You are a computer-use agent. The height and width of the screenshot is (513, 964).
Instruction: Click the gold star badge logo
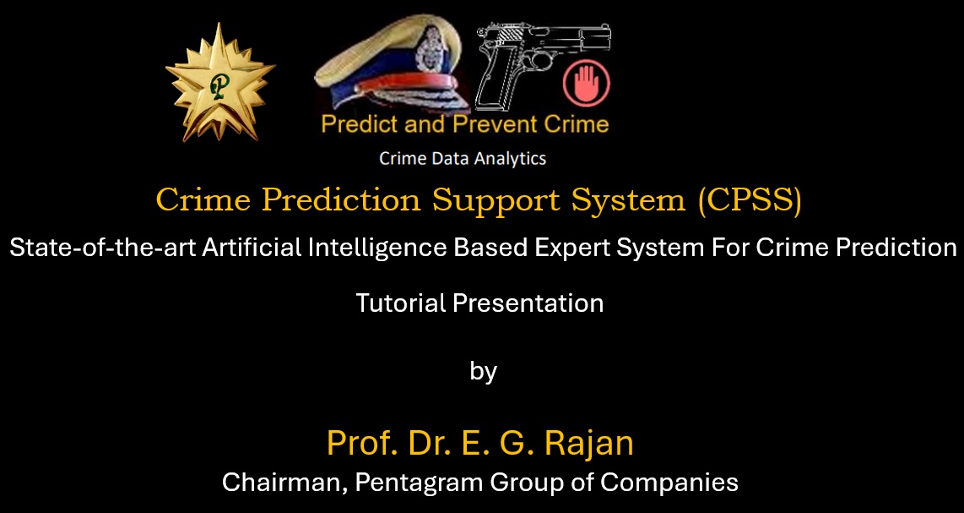220,82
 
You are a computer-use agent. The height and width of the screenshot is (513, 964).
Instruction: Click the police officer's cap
388,68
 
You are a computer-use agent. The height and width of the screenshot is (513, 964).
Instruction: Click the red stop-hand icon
586,83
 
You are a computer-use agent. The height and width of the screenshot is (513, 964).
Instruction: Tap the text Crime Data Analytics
463,158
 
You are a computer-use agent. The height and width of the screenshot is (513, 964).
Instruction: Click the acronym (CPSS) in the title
750,200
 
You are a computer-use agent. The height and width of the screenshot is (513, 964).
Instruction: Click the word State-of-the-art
101,248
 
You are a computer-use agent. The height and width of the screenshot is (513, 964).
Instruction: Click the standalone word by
483,372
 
